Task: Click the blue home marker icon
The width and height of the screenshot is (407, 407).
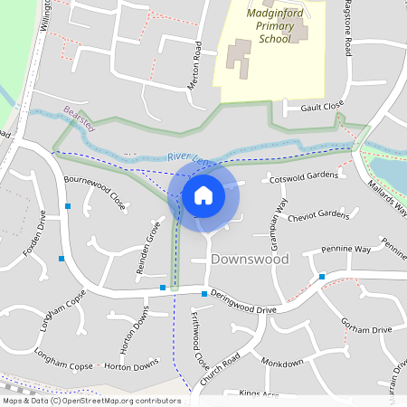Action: (x=203, y=194)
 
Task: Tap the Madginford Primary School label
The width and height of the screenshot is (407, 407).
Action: (x=272, y=27)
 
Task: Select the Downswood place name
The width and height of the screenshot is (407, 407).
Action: (x=250, y=260)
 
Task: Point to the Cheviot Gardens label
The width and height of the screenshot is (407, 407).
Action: (x=316, y=214)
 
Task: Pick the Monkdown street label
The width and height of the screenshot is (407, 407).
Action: (x=282, y=362)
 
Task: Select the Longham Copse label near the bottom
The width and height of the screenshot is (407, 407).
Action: (x=63, y=365)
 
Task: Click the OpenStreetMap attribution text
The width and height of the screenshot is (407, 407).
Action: (x=91, y=401)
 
